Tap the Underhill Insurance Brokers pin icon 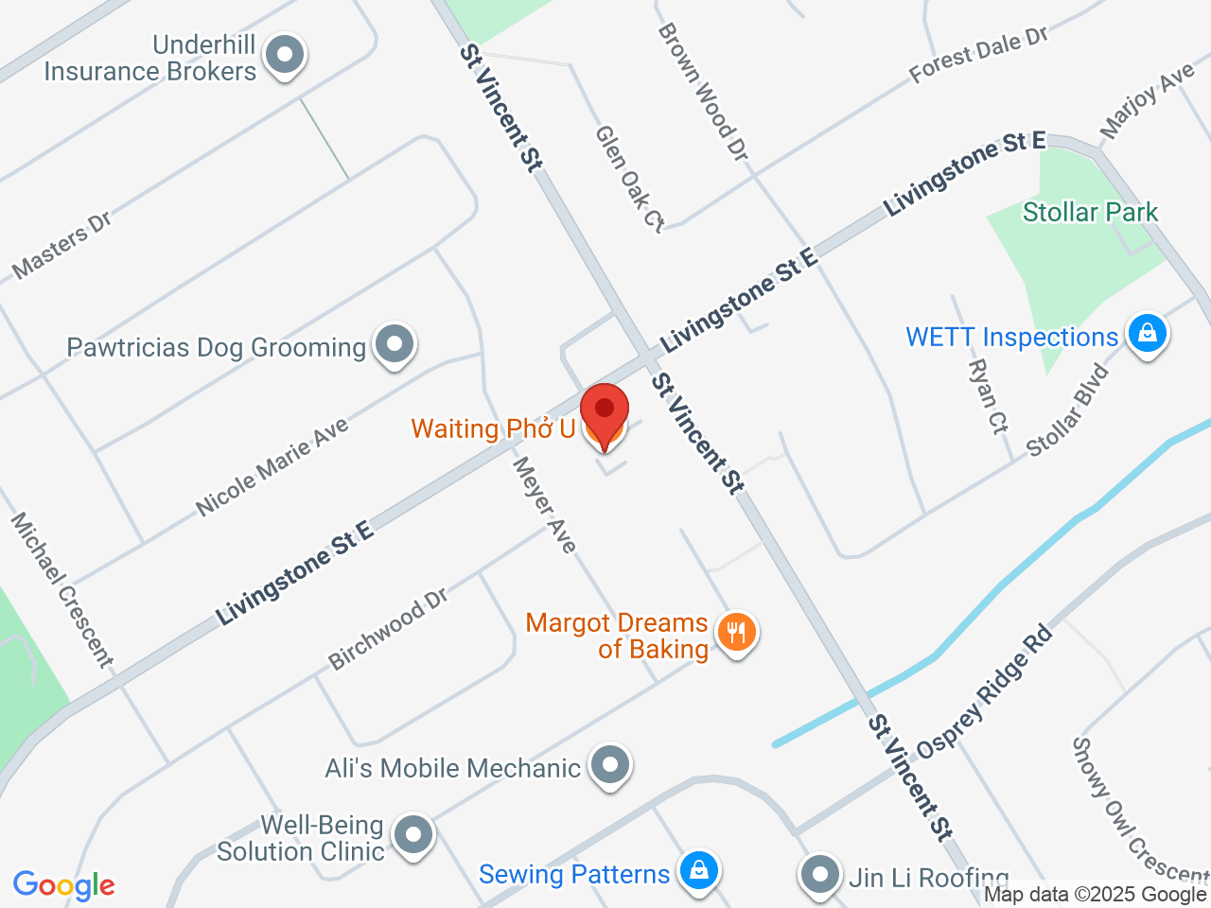(284, 56)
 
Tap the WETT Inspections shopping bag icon (1147, 334)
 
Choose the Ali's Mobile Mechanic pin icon (610, 764)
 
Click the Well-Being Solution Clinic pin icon (412, 835)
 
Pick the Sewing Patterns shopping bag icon (698, 870)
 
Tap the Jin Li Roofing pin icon (819, 875)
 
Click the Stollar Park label (1090, 212)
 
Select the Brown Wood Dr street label (703, 92)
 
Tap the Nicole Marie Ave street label (272, 466)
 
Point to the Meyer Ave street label (544, 504)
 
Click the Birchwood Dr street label (388, 629)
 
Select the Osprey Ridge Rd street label (984, 690)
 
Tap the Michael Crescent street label (61, 590)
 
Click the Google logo (63, 886)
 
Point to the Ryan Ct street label (988, 395)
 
